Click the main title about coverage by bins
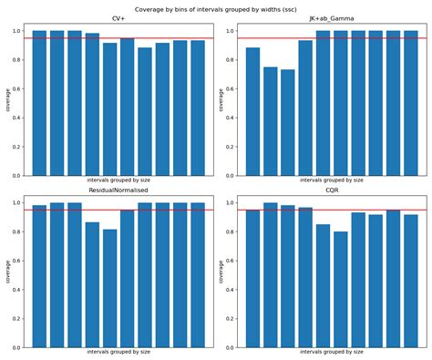216,9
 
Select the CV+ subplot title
118,19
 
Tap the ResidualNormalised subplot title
118,191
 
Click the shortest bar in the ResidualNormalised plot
110,288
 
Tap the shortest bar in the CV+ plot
145,111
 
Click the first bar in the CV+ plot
39,103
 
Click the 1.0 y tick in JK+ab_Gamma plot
232,31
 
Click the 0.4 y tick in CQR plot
232,290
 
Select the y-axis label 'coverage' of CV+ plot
8,98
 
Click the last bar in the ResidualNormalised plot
198,274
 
